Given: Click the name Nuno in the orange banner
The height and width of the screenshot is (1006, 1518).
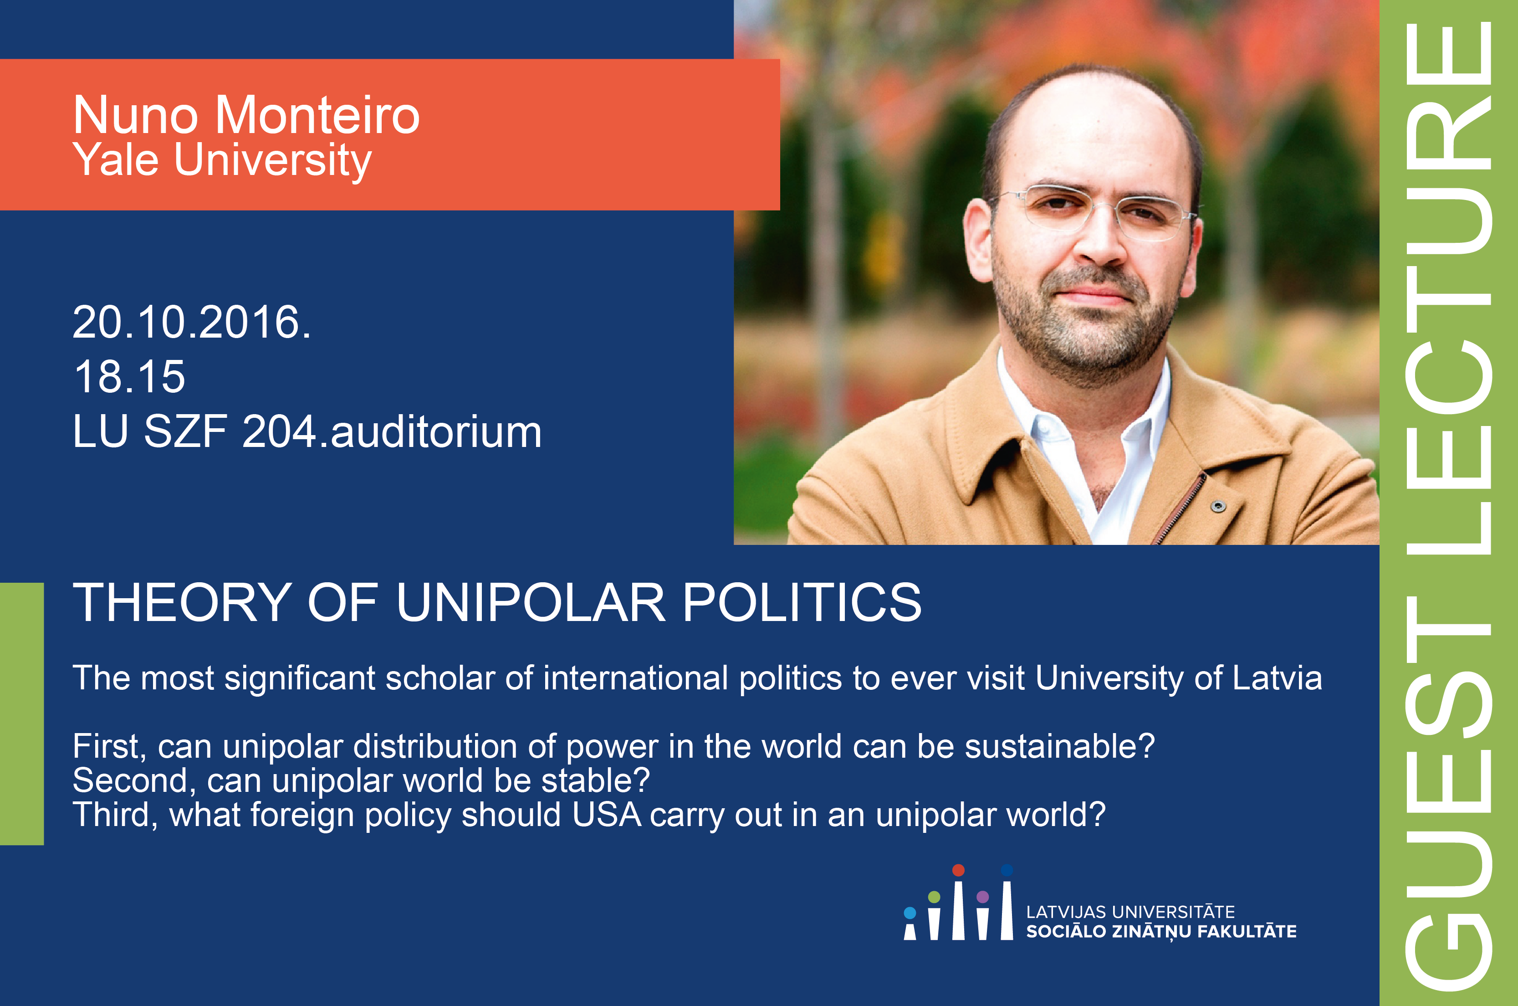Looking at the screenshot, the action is [135, 115].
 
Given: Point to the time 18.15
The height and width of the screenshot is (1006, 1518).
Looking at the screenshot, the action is [129, 377].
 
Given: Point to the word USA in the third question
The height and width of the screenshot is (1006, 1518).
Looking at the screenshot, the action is [607, 815].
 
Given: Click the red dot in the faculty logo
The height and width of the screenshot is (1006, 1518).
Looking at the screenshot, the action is [958, 870].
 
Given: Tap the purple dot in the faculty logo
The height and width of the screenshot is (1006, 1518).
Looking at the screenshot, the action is [982, 896].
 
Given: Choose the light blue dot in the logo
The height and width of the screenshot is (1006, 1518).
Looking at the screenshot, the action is [910, 912].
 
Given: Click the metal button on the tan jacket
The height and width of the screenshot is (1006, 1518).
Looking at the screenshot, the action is [1218, 506].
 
